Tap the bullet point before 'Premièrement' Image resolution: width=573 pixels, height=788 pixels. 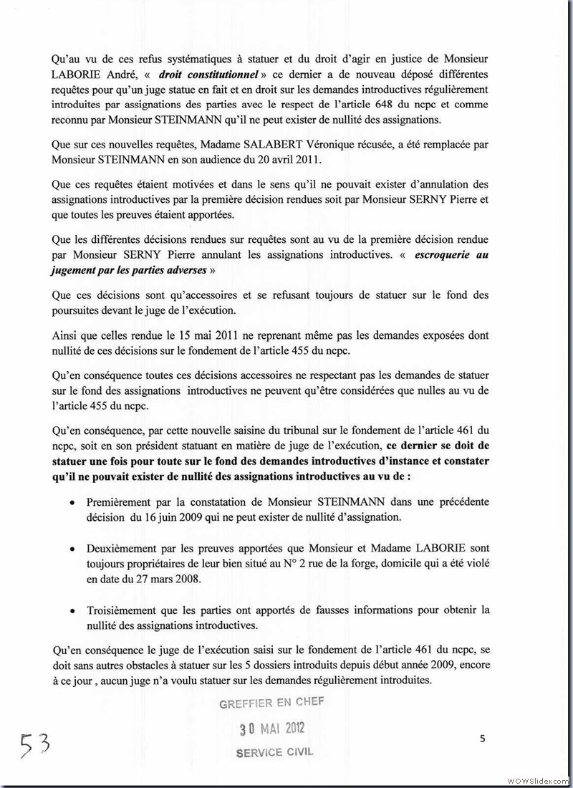coord(73,504)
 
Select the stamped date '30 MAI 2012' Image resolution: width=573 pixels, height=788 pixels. coord(271,729)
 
